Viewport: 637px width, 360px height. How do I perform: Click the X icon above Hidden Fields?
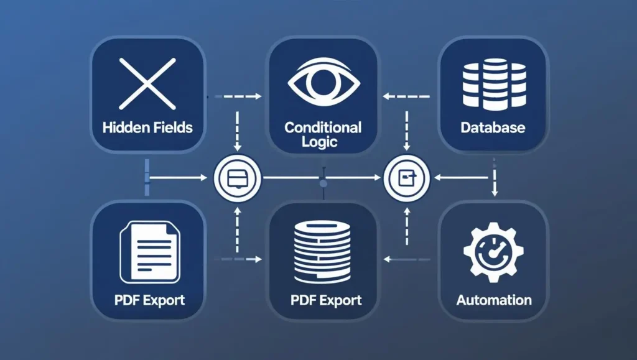click(146, 83)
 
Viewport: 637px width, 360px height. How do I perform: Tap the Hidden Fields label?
click(147, 128)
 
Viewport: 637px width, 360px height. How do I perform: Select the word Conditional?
click(322, 127)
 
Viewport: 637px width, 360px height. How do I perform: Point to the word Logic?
click(322, 142)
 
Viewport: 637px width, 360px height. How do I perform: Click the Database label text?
click(493, 128)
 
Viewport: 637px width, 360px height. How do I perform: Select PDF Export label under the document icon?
click(149, 300)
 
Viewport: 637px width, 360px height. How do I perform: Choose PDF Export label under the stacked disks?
click(326, 301)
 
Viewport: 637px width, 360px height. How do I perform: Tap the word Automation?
click(494, 301)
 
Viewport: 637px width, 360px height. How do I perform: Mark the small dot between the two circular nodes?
click(322, 182)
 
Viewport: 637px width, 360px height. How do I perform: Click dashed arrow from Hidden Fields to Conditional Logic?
click(238, 97)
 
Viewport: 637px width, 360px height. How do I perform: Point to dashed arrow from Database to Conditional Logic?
click(407, 97)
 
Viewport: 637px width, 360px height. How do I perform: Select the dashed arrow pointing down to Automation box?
click(495, 177)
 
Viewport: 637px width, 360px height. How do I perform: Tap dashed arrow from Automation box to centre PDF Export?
click(407, 259)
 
